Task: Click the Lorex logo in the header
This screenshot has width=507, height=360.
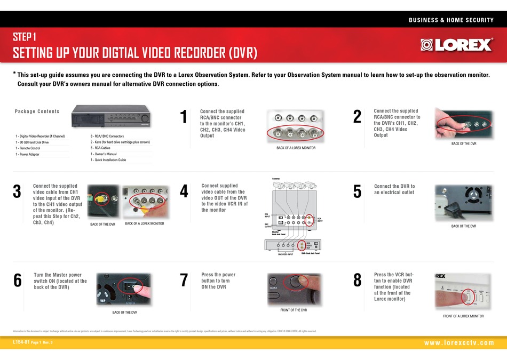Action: tap(456, 45)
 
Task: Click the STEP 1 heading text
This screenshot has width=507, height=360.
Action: tap(25, 37)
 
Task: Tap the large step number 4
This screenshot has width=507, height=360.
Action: tap(184, 191)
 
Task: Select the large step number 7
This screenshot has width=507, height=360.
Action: tap(184, 281)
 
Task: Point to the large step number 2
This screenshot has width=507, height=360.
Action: tap(358, 116)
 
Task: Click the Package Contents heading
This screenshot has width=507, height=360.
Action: tap(37, 111)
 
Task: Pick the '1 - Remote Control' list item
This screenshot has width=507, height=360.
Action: tap(28, 148)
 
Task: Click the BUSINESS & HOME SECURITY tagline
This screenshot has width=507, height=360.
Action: tap(451, 20)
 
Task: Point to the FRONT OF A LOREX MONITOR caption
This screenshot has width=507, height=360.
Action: tap(463, 316)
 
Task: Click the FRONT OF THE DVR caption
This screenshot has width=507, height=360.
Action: tap(294, 310)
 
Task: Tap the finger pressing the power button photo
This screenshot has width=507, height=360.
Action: tap(294, 289)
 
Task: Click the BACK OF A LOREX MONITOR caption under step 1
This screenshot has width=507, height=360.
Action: tap(296, 148)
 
